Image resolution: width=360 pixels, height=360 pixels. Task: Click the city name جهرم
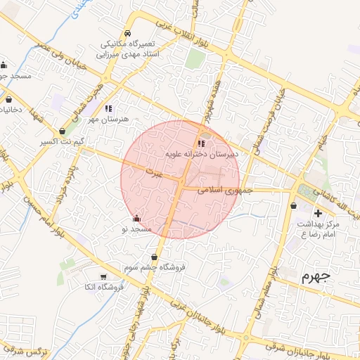click(316, 276)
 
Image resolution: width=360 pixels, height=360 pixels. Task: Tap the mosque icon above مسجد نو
click(136, 219)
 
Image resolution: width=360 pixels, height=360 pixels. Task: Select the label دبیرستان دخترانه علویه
click(202, 152)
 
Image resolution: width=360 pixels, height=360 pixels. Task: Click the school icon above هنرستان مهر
click(108, 109)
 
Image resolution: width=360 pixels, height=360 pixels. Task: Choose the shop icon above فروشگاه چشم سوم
click(154, 258)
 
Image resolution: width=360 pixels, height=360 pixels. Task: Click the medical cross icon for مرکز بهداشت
click(318, 213)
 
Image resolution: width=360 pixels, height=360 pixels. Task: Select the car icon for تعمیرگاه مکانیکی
click(127, 34)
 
